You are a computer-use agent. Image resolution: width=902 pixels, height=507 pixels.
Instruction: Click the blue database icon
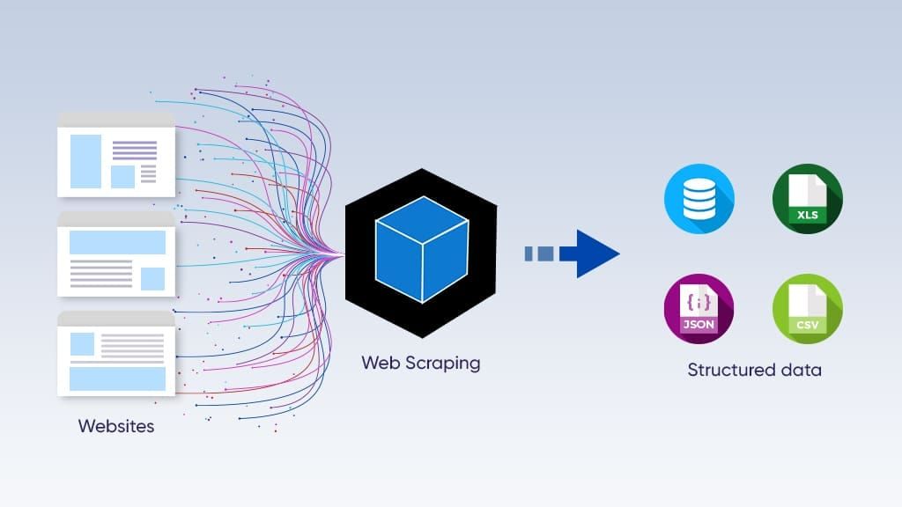coord(699,199)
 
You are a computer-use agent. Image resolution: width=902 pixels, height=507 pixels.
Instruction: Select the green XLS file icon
coord(807,199)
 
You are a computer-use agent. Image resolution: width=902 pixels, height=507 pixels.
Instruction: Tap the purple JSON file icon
coord(699,308)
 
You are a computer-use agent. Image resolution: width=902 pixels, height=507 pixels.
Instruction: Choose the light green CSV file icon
coord(807,308)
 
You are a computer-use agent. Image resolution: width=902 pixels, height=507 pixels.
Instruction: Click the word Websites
coord(116,426)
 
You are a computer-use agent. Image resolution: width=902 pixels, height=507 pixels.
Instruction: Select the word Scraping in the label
coord(444,363)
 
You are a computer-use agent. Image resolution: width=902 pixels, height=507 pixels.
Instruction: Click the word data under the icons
coord(800,370)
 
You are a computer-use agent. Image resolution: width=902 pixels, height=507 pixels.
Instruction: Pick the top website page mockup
coord(116,155)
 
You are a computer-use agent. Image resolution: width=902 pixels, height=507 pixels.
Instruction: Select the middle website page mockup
coord(116,255)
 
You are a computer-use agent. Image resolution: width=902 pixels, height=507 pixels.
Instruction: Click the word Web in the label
coord(379,363)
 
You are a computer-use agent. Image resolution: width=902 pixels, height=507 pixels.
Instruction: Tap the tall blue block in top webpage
coord(85,161)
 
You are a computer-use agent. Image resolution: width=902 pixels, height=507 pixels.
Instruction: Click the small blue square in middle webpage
coord(152,278)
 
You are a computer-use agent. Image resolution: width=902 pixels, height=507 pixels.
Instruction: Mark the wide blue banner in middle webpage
coord(117,242)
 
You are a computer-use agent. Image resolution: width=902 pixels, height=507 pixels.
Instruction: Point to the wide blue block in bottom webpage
coord(117,378)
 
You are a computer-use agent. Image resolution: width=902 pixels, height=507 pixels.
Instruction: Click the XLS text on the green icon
coord(806,216)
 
